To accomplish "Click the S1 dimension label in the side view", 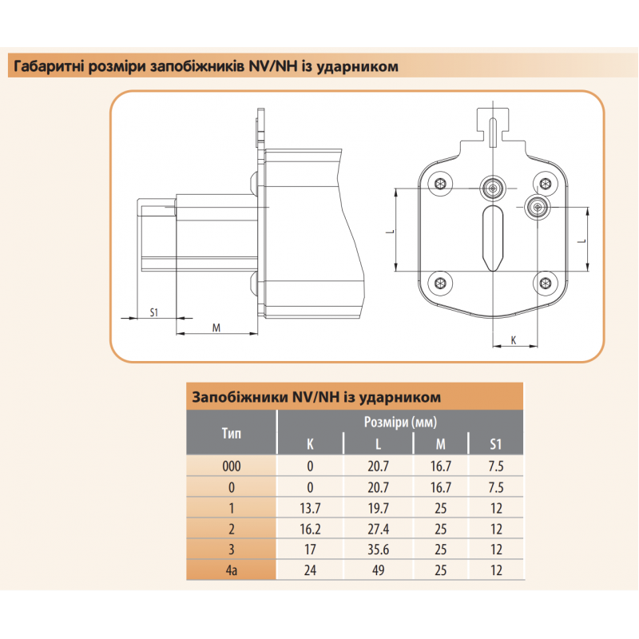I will pyautogui.click(x=156, y=312).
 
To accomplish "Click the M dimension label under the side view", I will pyautogui.click(x=216, y=327).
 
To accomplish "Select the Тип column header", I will pyautogui.click(x=231, y=434).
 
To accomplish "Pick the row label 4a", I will pyautogui.click(x=231, y=570).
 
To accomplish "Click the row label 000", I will pyautogui.click(x=231, y=466).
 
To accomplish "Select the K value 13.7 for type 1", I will pyautogui.click(x=310, y=507).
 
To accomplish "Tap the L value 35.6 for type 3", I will pyautogui.click(x=378, y=549).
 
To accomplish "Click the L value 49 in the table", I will pyautogui.click(x=378, y=570).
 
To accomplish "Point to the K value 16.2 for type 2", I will pyautogui.click(x=310, y=528).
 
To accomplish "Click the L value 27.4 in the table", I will pyautogui.click(x=378, y=528).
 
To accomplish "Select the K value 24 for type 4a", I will pyautogui.click(x=310, y=570).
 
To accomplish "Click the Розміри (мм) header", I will pyautogui.click(x=399, y=423).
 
